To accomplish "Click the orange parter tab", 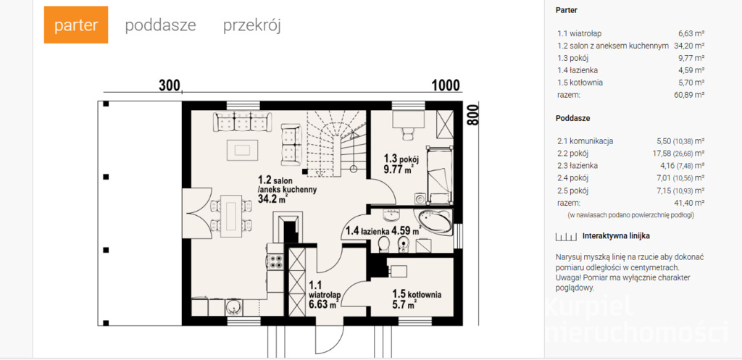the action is click(x=75, y=25).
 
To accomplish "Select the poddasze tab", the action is click(x=160, y=25).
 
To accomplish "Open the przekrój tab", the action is click(x=251, y=25).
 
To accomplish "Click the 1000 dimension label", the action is click(x=446, y=85).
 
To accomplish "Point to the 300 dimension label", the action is click(x=170, y=85).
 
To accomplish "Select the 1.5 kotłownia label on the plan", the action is click(x=417, y=299).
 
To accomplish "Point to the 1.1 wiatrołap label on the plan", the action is click(x=324, y=296).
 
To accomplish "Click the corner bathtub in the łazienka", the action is click(x=435, y=222).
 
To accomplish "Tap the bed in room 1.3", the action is click(x=440, y=175).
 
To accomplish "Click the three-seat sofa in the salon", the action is click(x=242, y=122).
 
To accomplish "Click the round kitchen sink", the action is click(x=234, y=308).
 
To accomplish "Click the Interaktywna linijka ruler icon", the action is click(x=567, y=236).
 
